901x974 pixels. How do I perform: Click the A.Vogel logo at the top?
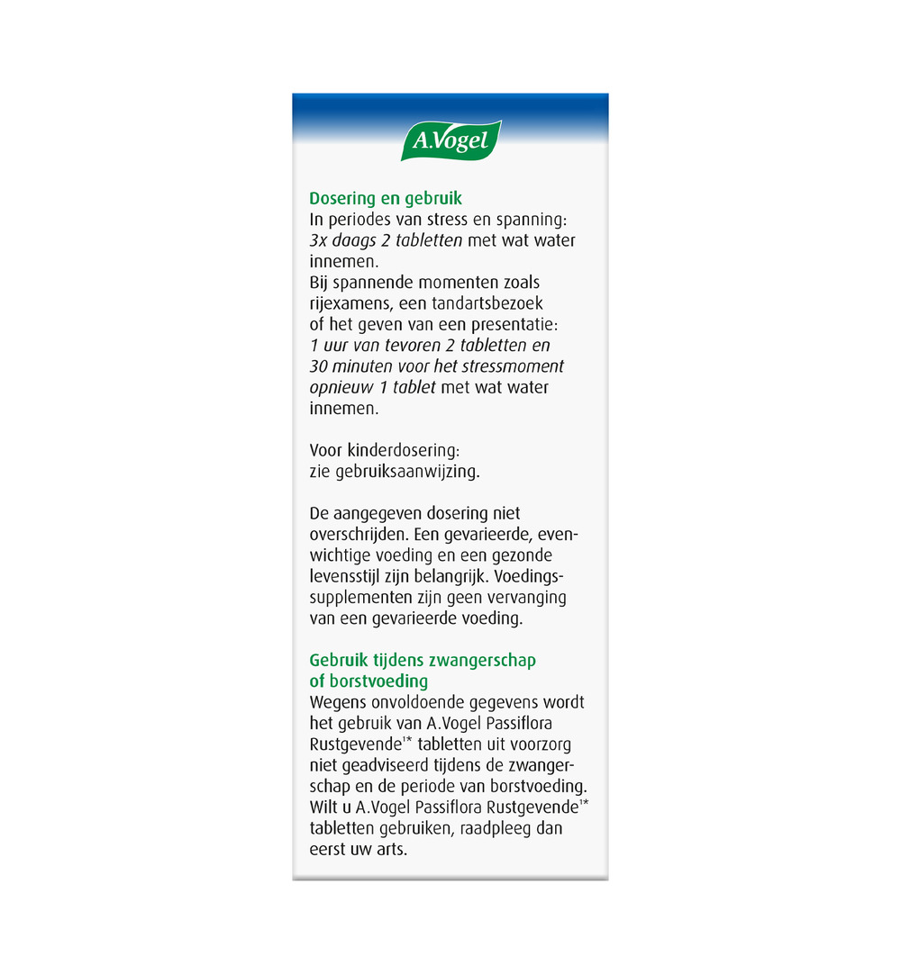click(450, 140)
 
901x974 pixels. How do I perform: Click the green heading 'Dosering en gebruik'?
click(386, 199)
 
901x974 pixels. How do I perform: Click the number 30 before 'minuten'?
click(320, 366)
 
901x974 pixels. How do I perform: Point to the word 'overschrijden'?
click(355, 534)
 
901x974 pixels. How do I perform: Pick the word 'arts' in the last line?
click(391, 849)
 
